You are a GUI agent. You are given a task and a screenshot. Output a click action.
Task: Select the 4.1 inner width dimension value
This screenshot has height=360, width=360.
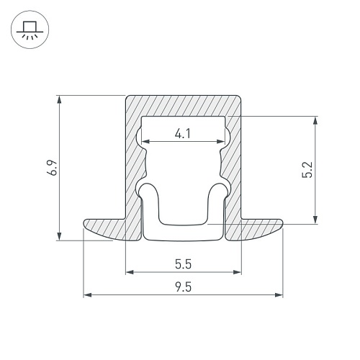pyautogui.click(x=183, y=134)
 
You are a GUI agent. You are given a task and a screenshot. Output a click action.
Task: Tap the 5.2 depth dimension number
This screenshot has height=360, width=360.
pyautogui.click(x=307, y=170)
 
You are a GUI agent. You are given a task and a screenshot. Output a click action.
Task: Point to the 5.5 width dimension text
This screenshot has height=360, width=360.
pyautogui.click(x=183, y=264)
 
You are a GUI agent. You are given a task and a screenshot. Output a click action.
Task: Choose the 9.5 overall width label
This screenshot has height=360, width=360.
pyautogui.click(x=183, y=287)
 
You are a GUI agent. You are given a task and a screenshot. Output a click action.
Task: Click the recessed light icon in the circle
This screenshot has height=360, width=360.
pyautogui.click(x=30, y=30)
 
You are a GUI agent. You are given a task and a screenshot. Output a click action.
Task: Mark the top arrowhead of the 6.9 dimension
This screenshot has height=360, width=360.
pyautogui.click(x=60, y=99)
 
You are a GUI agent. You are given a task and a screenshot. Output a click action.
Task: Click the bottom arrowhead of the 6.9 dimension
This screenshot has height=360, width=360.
pyautogui.click(x=60, y=236)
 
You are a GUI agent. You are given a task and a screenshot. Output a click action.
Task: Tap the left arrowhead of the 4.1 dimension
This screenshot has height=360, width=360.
pyautogui.click(x=145, y=142)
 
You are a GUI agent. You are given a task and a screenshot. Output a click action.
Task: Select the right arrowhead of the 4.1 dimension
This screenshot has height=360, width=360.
pyautogui.click(x=221, y=142)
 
